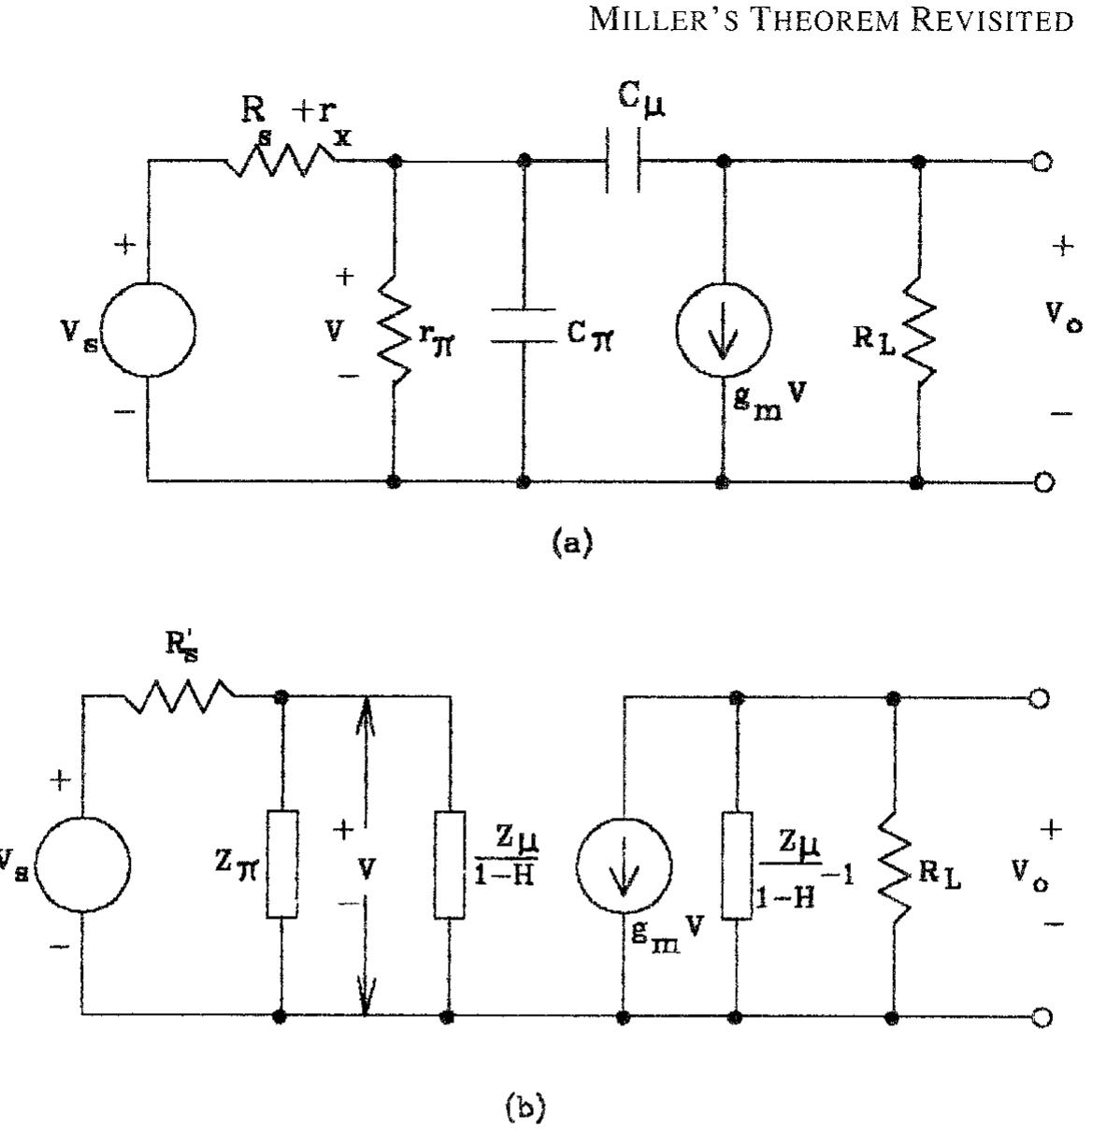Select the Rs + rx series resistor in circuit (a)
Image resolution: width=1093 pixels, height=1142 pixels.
click(281, 164)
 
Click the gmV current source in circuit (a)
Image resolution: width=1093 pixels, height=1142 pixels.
click(723, 330)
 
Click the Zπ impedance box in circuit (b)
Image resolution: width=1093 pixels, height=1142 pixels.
click(281, 864)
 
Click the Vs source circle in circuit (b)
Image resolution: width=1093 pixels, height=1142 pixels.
click(82, 864)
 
